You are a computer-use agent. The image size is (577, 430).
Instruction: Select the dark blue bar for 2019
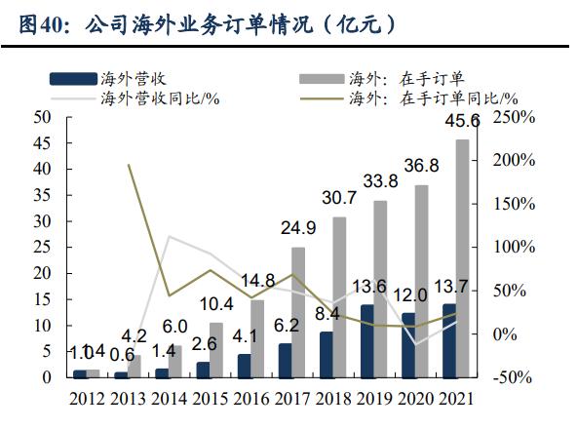coord(366,340)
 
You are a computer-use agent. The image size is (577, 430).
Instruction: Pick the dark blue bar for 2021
coord(448,340)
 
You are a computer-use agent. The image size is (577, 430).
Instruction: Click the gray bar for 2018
coord(338,296)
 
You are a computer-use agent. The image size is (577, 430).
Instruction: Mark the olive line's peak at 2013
coord(129,165)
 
